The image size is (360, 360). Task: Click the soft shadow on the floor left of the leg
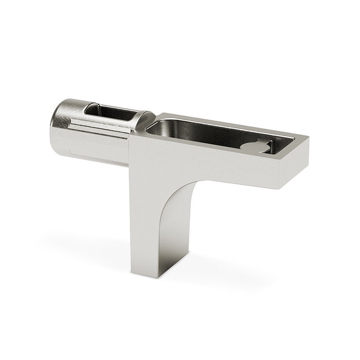click(87, 242)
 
